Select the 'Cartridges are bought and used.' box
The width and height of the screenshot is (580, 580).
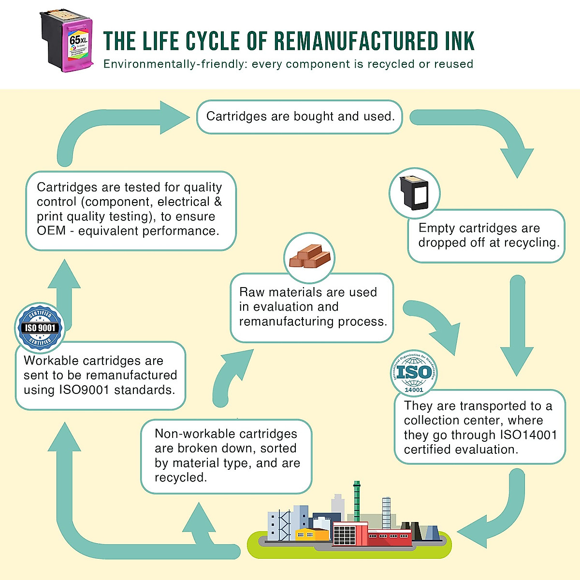pyautogui.click(x=300, y=116)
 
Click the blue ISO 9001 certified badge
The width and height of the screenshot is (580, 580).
pyautogui.click(x=40, y=328)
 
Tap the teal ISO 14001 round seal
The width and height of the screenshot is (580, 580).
pyautogui.click(x=414, y=373)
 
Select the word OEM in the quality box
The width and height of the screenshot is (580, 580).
pyautogui.click(x=51, y=231)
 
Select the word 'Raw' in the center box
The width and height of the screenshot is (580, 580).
pyautogui.click(x=252, y=292)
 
